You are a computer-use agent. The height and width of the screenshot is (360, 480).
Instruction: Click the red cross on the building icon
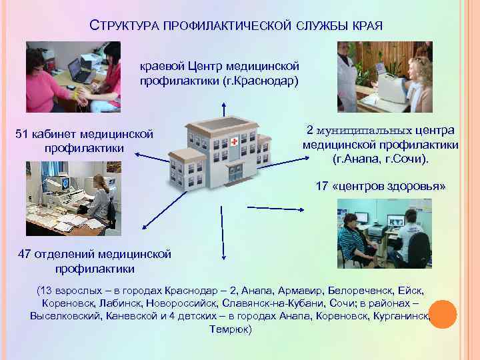(x=235, y=142)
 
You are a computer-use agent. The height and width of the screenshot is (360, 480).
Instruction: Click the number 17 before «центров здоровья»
(x=321, y=187)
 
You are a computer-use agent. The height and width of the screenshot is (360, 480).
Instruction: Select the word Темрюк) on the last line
(x=231, y=329)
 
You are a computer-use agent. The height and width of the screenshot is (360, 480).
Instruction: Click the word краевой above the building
(x=159, y=67)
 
